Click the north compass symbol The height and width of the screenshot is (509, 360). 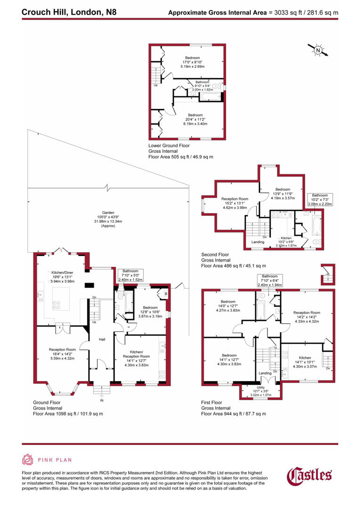[x=318, y=50]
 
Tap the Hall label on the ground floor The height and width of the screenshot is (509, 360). [x=101, y=339]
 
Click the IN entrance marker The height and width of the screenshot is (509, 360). [x=101, y=401]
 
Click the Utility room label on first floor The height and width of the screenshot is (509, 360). [x=261, y=386]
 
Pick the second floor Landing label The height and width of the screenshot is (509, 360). [x=258, y=242]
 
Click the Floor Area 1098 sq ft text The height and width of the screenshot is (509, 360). [x=68, y=414]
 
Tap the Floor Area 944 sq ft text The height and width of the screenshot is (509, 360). [x=234, y=414]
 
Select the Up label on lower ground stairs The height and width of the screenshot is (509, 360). [x=155, y=85]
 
